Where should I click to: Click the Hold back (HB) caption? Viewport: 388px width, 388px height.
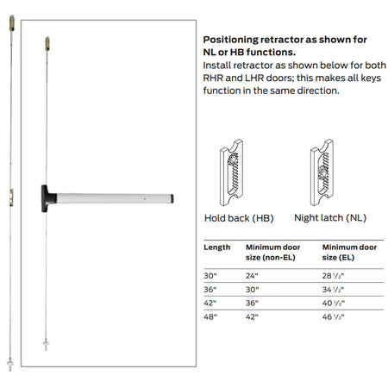(239, 218)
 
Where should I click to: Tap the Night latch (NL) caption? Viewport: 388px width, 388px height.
(330, 218)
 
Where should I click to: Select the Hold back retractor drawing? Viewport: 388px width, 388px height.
(231, 172)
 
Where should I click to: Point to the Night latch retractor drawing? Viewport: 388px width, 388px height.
(322, 172)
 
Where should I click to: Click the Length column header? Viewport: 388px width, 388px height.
(217, 247)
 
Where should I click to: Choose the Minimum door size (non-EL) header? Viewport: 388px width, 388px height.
(272, 253)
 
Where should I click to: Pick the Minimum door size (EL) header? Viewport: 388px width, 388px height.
(349, 253)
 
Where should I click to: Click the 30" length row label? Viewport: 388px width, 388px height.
(210, 276)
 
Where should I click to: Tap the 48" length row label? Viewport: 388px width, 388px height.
(210, 316)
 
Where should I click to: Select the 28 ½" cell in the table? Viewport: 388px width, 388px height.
(333, 276)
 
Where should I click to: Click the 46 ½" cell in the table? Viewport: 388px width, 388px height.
(333, 316)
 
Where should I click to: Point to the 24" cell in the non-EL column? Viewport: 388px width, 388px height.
(252, 276)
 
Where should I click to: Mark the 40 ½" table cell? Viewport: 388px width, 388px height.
(334, 303)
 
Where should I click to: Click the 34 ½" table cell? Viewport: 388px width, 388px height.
(333, 290)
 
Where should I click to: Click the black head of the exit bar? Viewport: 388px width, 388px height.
(46, 198)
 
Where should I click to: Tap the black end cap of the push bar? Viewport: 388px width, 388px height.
(172, 198)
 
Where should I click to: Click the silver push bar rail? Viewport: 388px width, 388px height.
(114, 198)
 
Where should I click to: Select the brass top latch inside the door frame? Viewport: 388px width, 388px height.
(47, 44)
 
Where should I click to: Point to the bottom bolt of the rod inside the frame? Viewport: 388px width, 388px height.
(46, 344)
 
